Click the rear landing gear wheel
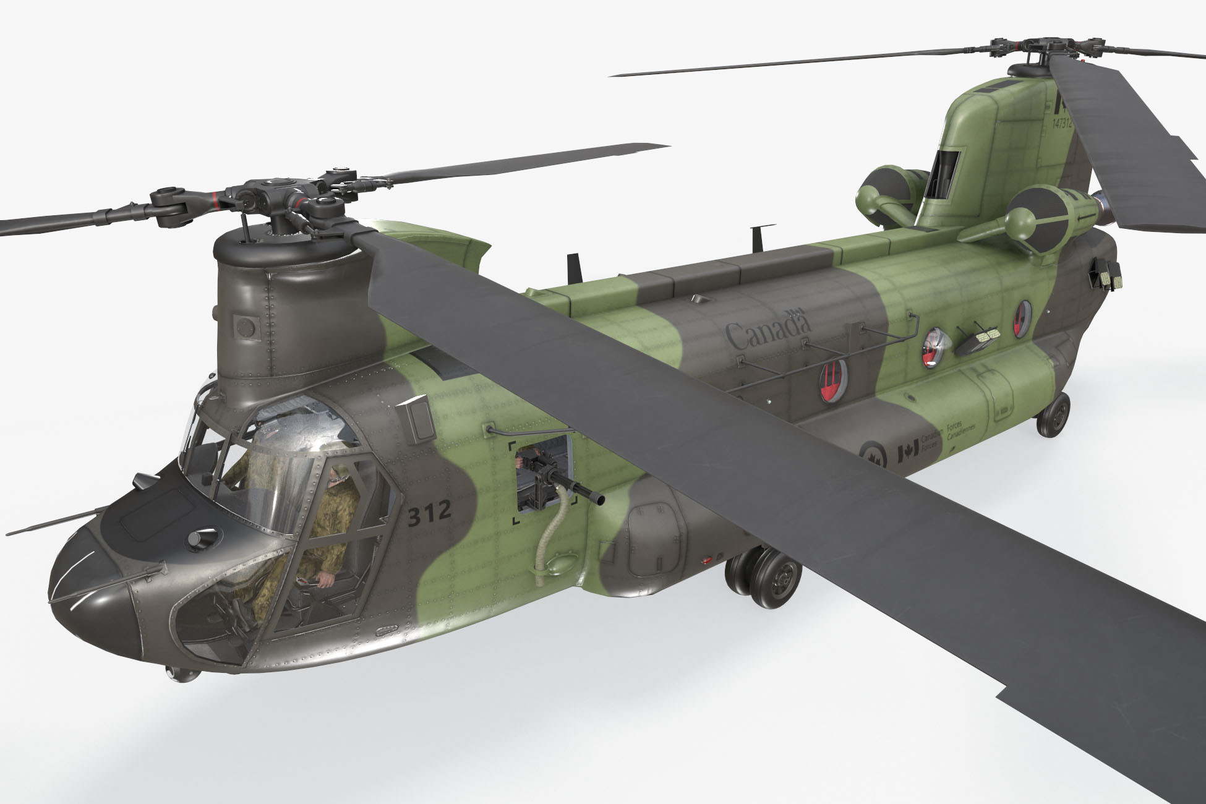coord(1053,414)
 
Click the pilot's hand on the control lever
coord(325,578)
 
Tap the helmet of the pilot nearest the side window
coord(338,474)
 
